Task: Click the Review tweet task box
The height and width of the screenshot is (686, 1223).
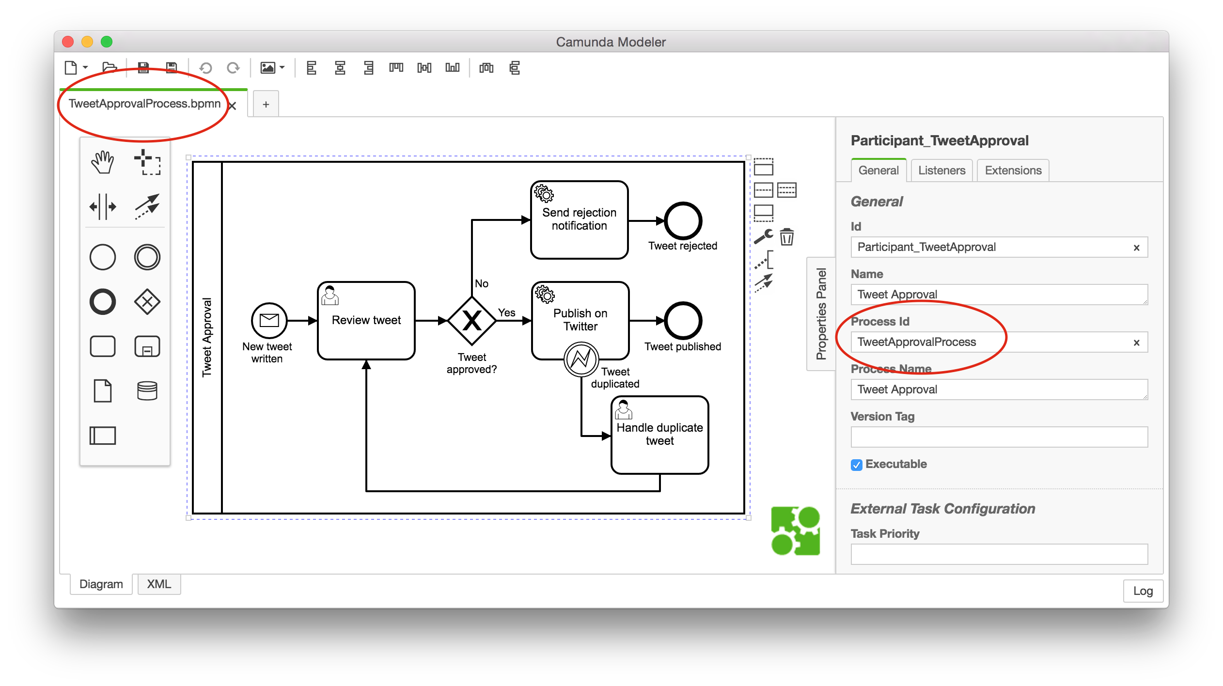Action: (366, 321)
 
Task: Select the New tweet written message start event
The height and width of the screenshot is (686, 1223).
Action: (269, 321)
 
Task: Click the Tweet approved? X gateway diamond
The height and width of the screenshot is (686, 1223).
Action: (471, 321)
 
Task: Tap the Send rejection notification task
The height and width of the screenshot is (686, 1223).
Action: (579, 220)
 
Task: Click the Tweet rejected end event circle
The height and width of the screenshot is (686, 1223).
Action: (683, 221)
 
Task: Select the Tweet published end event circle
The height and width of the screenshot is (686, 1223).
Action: (683, 321)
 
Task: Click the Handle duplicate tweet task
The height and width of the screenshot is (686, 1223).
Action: (659, 435)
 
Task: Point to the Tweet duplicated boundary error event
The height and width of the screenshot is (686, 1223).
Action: (581, 359)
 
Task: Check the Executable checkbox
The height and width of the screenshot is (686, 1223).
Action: (856, 465)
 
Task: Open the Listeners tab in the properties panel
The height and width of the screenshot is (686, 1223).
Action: (941, 171)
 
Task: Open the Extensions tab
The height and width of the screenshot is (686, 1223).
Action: (1013, 171)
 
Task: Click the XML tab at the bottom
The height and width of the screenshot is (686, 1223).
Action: (159, 584)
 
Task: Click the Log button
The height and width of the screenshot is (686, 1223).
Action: (1143, 591)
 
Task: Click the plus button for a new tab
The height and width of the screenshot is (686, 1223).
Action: (266, 104)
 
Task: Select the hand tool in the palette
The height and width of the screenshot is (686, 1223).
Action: (102, 162)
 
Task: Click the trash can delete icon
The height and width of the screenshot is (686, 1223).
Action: (787, 237)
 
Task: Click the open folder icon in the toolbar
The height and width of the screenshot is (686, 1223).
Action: (110, 67)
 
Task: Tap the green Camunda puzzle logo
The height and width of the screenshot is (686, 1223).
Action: (795, 531)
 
